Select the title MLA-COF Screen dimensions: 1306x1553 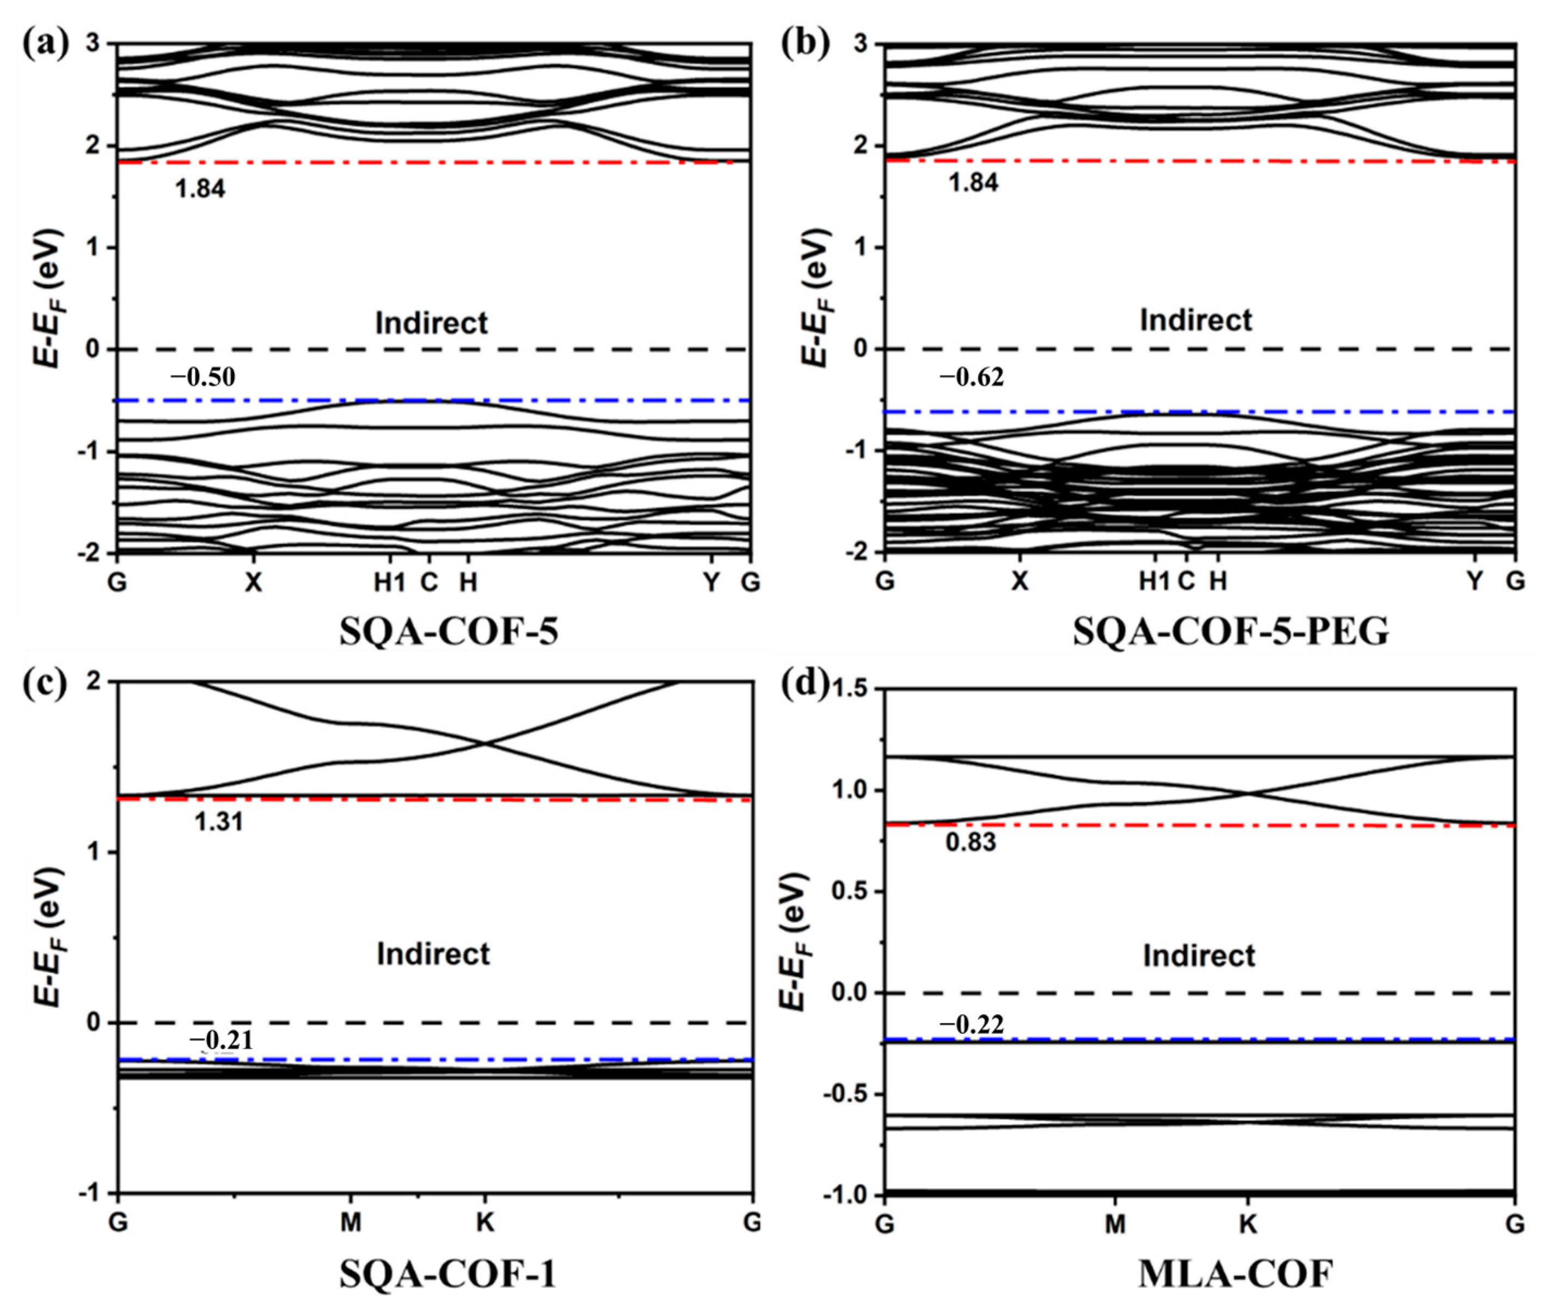pyautogui.click(x=1235, y=1273)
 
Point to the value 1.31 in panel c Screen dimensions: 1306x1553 pyautogui.click(x=218, y=822)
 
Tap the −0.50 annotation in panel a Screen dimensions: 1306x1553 pyautogui.click(x=203, y=378)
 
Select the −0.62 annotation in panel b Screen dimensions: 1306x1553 pyautogui.click(x=972, y=378)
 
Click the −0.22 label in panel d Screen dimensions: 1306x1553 pyautogui.click(x=972, y=1025)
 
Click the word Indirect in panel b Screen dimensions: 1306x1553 pyautogui.click(x=1195, y=320)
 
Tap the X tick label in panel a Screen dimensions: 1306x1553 pyautogui.click(x=253, y=583)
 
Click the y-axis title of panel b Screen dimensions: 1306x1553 pyautogui.click(x=815, y=296)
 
